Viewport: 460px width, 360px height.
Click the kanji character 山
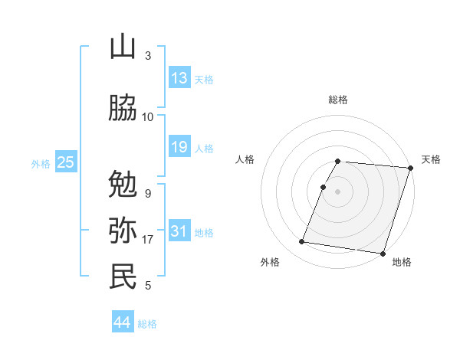(x=123, y=47)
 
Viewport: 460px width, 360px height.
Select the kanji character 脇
(x=123, y=108)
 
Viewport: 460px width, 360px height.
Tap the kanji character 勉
(x=123, y=185)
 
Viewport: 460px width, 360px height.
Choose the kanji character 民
(x=123, y=277)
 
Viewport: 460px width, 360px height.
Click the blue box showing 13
(x=179, y=78)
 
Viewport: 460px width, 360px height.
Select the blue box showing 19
(x=179, y=147)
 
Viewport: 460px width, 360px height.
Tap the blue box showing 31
(x=179, y=231)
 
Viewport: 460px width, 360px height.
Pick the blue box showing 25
(x=65, y=162)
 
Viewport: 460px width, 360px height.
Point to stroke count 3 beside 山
(x=148, y=56)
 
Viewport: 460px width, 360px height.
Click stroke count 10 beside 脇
(x=148, y=117)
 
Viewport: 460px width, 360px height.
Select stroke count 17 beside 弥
(x=148, y=240)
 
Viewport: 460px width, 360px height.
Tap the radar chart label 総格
(x=338, y=100)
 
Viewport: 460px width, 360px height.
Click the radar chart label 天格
(x=431, y=159)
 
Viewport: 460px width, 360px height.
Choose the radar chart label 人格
(x=245, y=159)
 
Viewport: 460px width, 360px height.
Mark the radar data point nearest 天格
(x=410, y=168)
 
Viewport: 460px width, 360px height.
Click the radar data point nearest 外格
(x=302, y=242)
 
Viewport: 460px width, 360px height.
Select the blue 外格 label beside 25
(x=41, y=163)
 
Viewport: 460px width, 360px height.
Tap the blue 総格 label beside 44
(x=147, y=324)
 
